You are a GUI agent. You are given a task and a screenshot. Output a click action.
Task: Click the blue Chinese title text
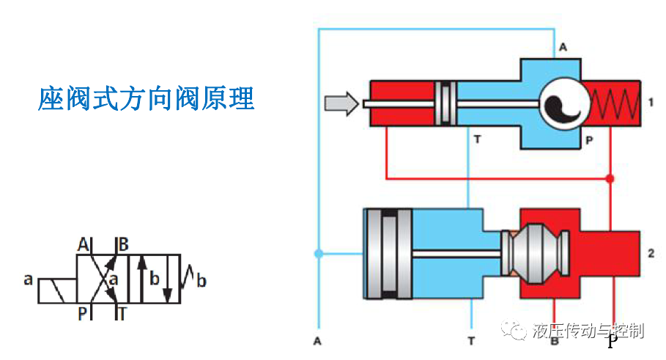(146, 98)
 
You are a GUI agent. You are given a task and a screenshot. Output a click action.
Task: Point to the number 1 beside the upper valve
(651, 102)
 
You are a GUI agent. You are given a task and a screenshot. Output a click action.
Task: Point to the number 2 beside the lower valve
(651, 254)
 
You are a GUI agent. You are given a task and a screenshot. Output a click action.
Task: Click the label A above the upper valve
(563, 48)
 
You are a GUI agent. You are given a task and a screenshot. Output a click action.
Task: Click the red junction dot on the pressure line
(610, 178)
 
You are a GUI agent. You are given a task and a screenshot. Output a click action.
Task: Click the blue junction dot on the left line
(318, 254)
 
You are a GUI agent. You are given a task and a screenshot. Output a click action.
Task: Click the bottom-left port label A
(317, 341)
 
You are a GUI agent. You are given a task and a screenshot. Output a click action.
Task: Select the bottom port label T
(470, 341)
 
